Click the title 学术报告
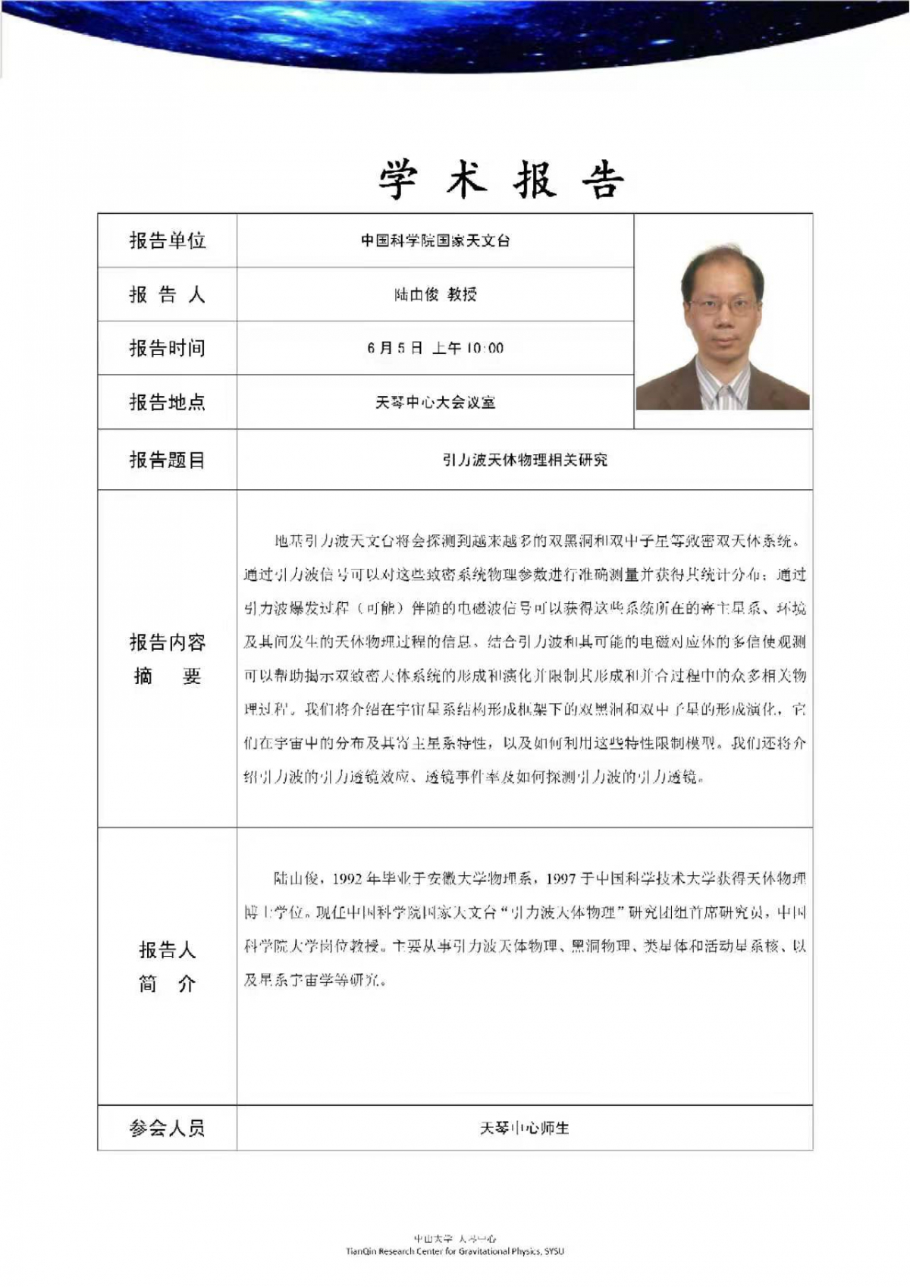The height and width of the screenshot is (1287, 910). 500,180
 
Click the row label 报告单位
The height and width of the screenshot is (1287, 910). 167,240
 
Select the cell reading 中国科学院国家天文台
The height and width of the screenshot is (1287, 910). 435,240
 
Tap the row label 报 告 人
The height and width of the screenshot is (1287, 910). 167,294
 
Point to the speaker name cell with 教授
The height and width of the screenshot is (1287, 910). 435,294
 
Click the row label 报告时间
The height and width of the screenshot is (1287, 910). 167,348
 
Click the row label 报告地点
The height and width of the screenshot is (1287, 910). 167,402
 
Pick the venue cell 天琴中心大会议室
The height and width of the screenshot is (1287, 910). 435,402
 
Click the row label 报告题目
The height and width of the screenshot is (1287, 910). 167,460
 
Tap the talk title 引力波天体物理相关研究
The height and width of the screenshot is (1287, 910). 524,460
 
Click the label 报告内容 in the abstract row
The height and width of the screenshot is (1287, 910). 167,642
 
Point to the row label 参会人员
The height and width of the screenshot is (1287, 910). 167,1128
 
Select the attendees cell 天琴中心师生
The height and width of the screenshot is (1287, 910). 524,1128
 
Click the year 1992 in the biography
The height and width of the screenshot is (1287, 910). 347,878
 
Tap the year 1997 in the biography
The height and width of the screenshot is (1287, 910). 560,878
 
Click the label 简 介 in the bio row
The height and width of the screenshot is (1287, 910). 167,984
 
